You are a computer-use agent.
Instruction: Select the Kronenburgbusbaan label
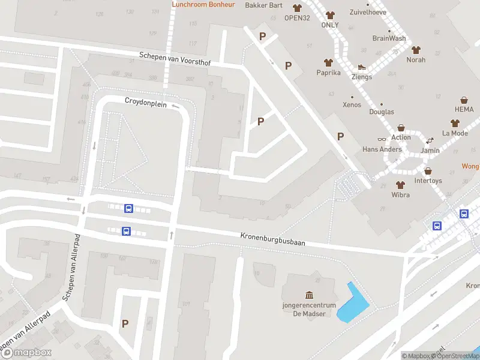[x=273, y=239]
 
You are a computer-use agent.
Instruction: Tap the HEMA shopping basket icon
[x=464, y=100]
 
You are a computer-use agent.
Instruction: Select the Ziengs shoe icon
[x=362, y=67]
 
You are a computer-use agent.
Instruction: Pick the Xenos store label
[x=352, y=105]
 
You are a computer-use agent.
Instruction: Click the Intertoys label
[x=428, y=180]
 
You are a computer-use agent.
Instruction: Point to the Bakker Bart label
[x=263, y=5]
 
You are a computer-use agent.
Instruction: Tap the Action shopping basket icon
[x=401, y=128]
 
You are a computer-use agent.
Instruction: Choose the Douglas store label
[x=382, y=112]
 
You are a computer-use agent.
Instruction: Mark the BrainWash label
[x=389, y=38]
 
